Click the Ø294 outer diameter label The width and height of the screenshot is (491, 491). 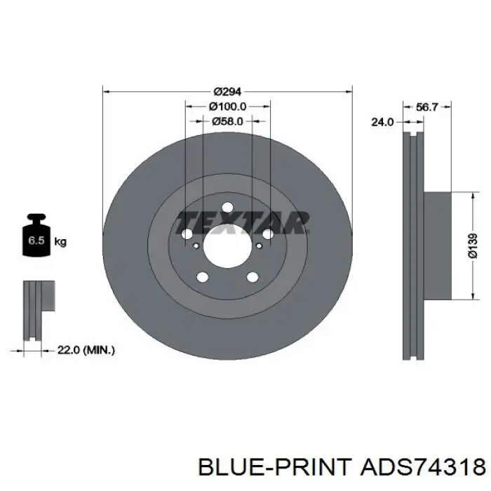(x=227, y=91)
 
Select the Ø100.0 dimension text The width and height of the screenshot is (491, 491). (x=227, y=107)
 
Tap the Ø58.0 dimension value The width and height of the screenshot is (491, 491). (x=227, y=121)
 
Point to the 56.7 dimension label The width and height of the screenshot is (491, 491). (x=427, y=107)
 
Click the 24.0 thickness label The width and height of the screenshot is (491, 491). (x=382, y=121)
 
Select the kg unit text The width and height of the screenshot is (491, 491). (x=60, y=242)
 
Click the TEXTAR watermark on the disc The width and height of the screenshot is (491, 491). (x=242, y=222)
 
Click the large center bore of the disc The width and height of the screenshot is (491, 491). (x=227, y=245)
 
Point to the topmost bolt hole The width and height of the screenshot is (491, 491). (x=227, y=207)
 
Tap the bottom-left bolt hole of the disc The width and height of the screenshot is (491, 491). (x=203, y=277)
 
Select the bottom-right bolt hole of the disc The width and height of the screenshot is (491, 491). (x=251, y=277)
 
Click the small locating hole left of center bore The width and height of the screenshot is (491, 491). (x=195, y=245)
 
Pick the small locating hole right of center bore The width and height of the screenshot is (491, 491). (x=259, y=245)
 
